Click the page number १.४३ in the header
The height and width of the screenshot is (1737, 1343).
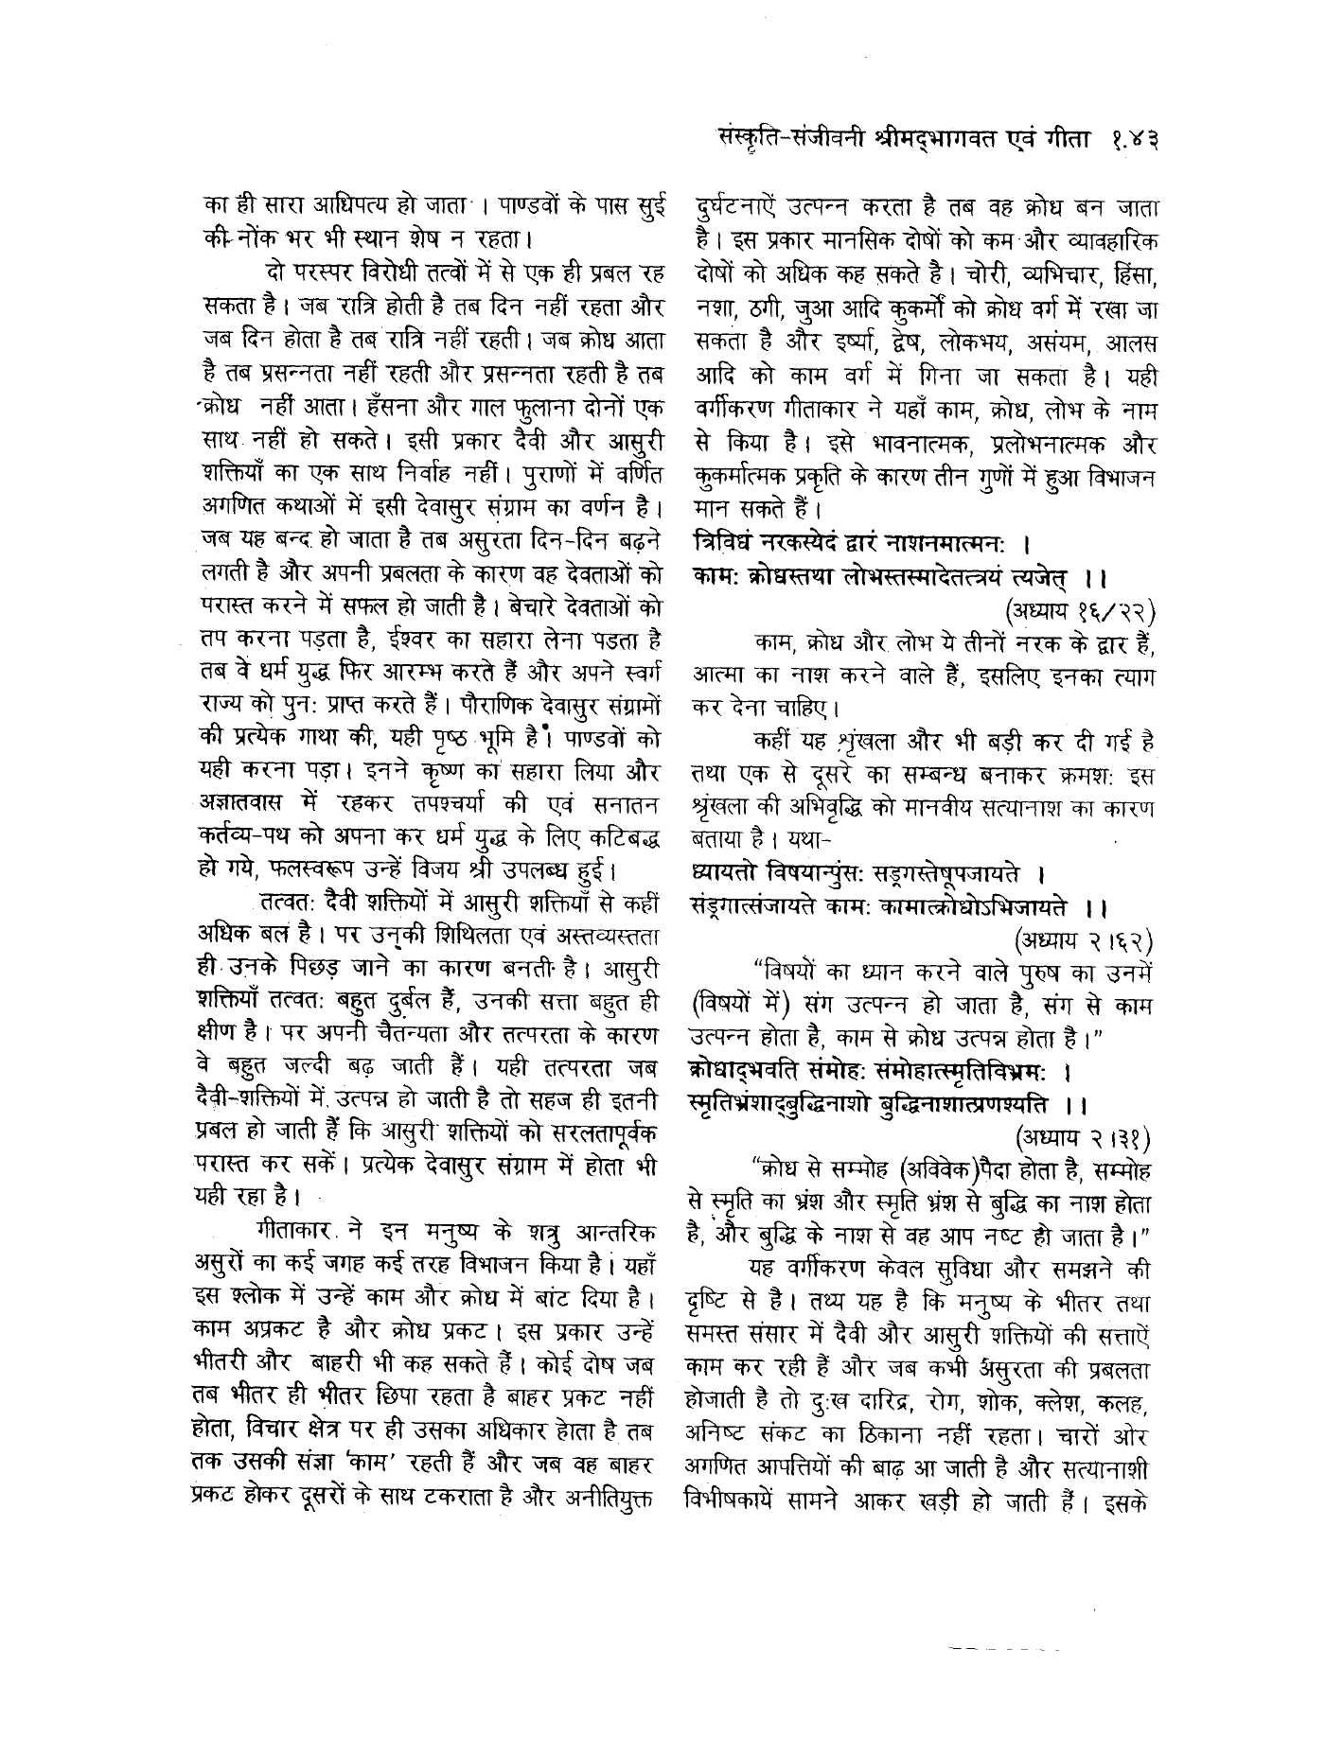1130,141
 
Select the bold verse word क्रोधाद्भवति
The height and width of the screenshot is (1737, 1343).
749,1070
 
